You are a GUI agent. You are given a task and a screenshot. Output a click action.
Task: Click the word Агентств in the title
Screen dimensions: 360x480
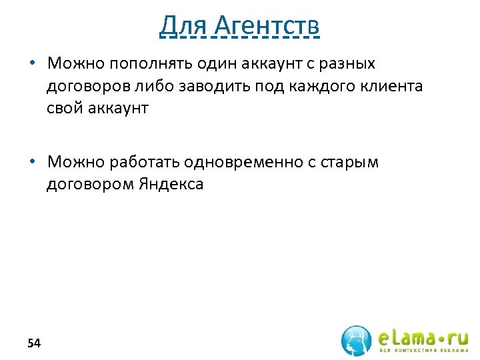(267, 26)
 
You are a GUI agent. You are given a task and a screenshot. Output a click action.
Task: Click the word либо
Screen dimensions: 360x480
(163, 86)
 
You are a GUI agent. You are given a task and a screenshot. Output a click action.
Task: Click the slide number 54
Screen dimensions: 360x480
(34, 343)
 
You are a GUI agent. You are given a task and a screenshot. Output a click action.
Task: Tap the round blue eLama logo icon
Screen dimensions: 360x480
(357, 340)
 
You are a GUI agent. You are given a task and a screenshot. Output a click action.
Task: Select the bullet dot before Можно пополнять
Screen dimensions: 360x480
(32, 63)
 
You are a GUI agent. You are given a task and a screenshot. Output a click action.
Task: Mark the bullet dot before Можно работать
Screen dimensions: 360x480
(32, 162)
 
